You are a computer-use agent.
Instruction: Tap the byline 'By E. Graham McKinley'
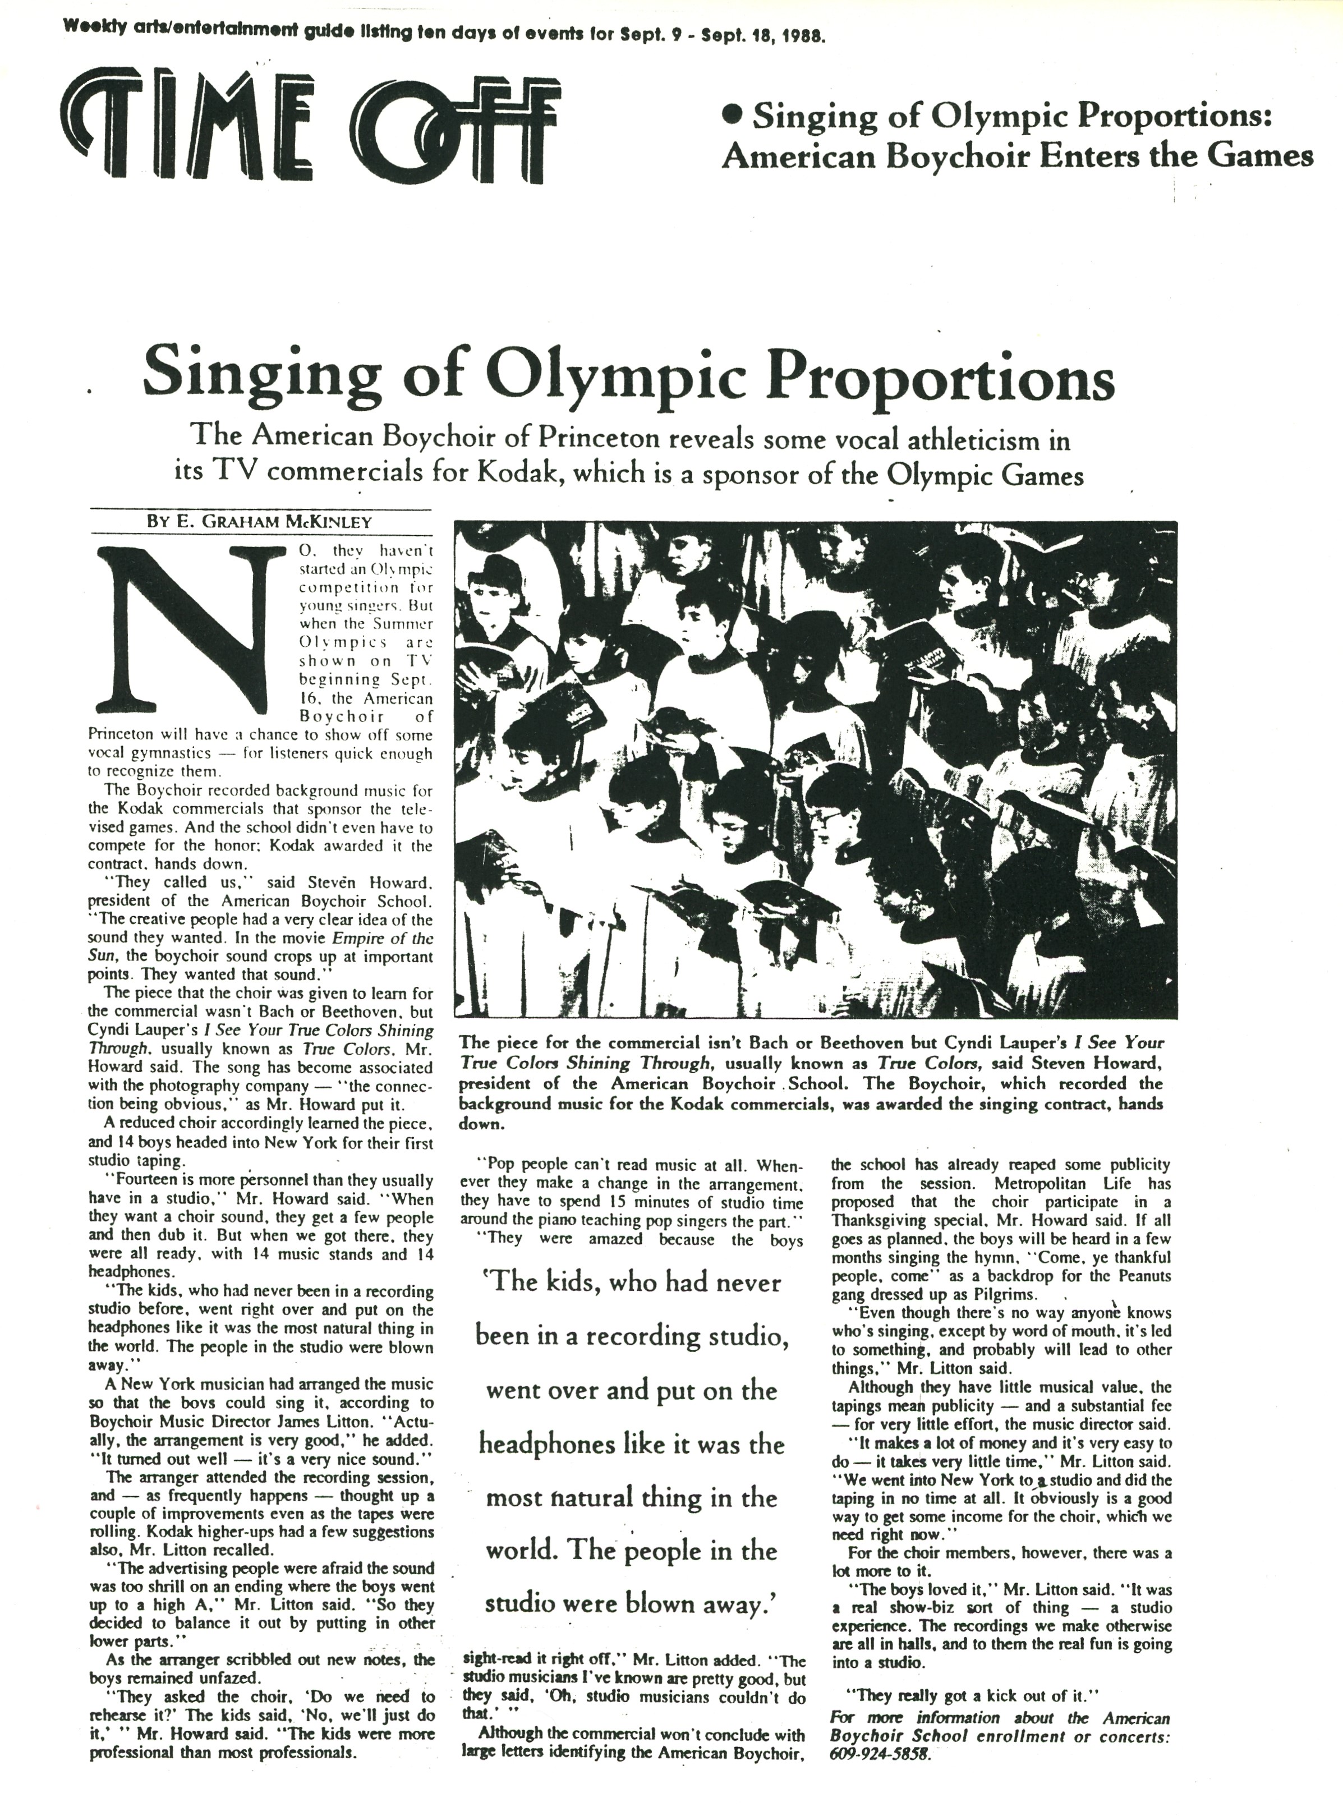coord(259,523)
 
